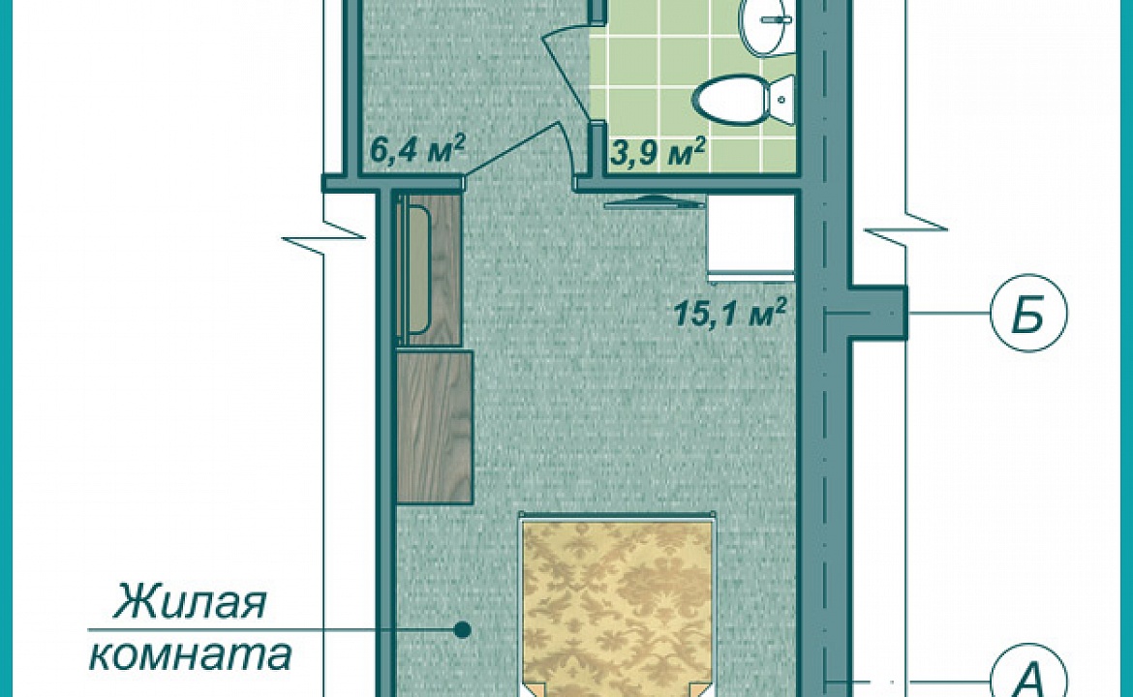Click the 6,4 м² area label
point(416,151)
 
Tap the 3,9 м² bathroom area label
point(658,152)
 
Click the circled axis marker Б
point(1028,313)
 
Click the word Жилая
point(190,602)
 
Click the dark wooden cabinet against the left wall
point(434,427)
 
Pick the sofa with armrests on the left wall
point(428,269)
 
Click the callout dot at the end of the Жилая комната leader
point(463,630)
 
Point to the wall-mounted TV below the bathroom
point(655,202)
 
